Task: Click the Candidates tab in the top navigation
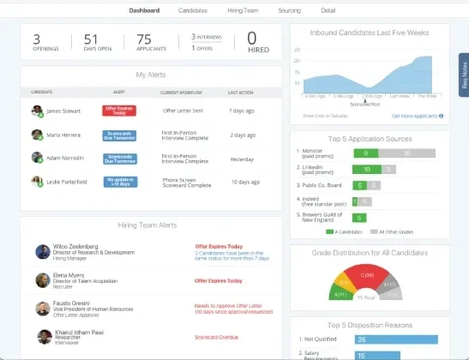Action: [x=192, y=10]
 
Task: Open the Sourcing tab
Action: [x=289, y=10]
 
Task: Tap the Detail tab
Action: [x=328, y=10]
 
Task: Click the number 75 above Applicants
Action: [x=144, y=38]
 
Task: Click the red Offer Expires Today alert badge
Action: [x=120, y=111]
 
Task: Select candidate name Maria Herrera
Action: [x=63, y=135]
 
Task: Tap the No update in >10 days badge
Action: [x=120, y=182]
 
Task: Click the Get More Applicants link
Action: [x=416, y=115]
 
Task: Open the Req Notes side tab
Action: [x=464, y=75]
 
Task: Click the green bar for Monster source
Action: [x=365, y=153]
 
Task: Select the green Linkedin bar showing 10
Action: [x=367, y=169]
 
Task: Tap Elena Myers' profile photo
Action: [x=42, y=279]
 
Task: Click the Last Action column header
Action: [x=240, y=91]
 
